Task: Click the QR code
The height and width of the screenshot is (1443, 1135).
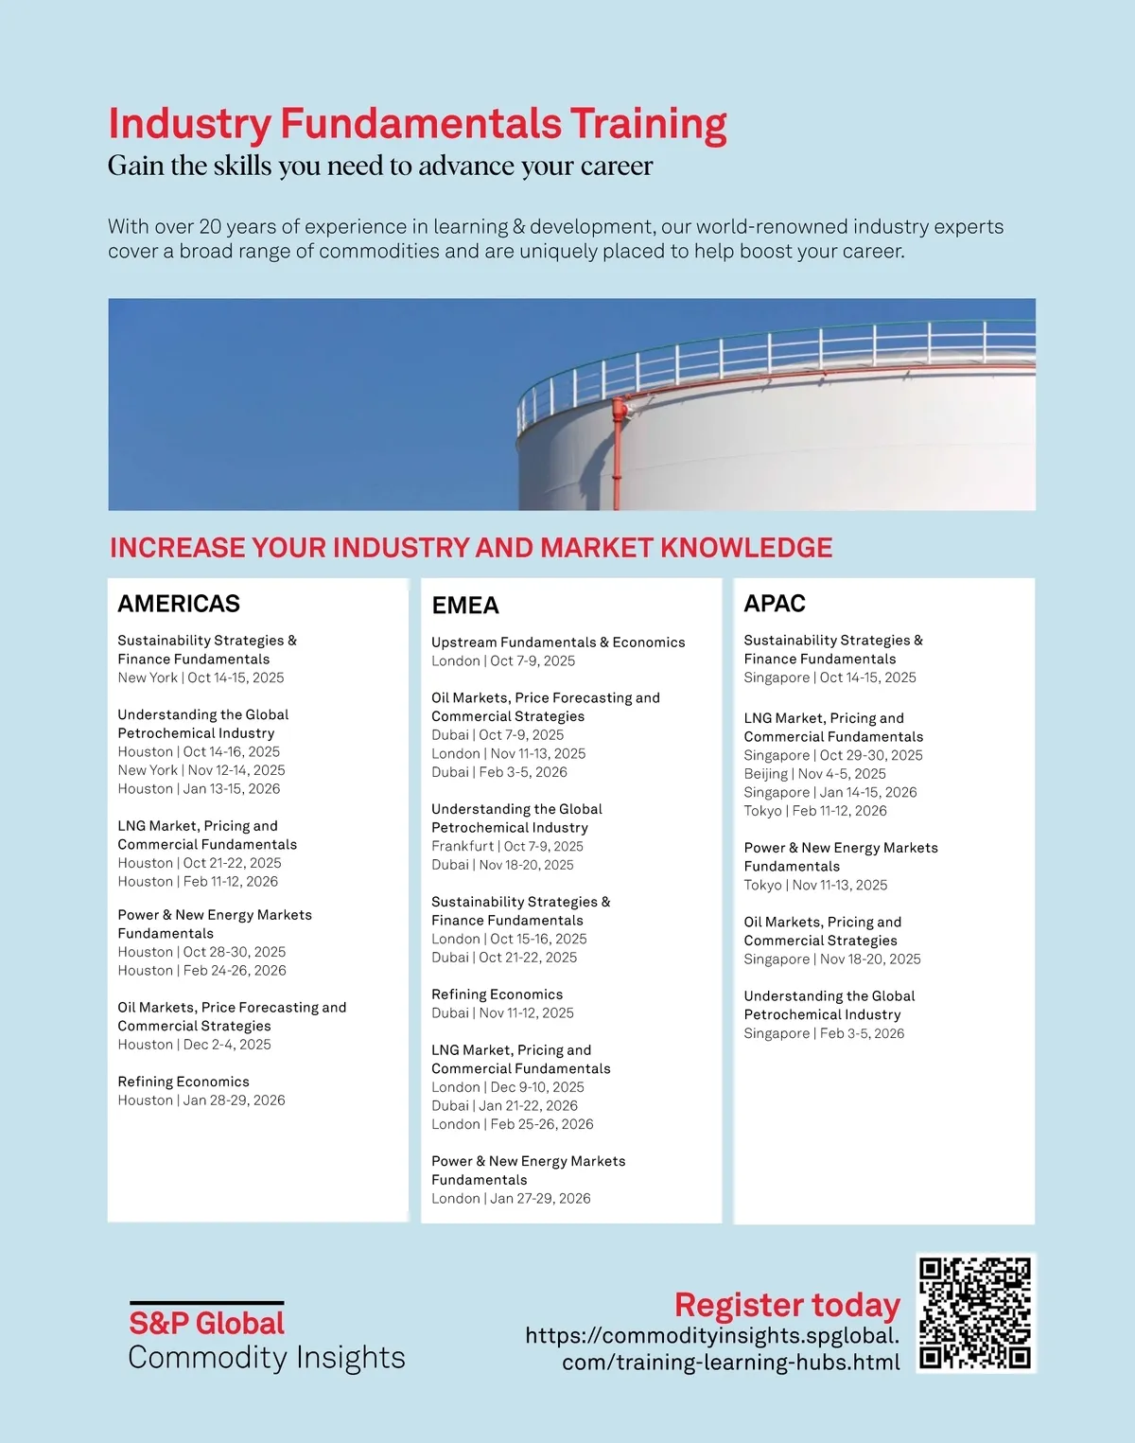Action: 975,1313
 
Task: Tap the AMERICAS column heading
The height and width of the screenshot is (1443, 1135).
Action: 179,604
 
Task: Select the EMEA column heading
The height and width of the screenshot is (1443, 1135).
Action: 465,606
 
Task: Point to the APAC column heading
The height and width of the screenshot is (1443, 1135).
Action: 775,604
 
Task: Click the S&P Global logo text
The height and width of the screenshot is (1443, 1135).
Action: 206,1323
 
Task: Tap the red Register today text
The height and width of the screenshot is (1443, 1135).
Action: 787,1305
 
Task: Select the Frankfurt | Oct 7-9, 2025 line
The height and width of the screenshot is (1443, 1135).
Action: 507,846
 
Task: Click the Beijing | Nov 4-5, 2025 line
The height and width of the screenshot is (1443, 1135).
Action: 814,774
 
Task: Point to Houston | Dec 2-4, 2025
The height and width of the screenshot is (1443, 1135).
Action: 194,1045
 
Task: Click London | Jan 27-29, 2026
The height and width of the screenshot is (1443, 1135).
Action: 511,1199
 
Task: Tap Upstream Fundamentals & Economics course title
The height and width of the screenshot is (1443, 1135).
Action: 558,642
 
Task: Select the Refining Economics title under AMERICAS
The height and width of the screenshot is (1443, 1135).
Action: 183,1082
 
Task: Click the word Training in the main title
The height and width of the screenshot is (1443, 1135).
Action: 648,124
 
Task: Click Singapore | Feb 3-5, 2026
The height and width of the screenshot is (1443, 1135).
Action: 824,1033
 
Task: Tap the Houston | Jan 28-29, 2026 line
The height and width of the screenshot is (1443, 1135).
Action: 201,1100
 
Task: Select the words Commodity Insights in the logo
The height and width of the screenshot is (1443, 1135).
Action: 267,1358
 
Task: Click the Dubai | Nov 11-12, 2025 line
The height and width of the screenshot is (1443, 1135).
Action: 502,1013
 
